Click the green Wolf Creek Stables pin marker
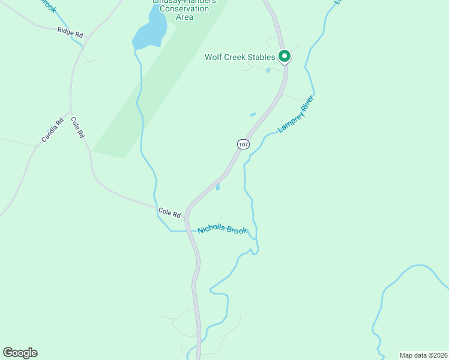pyautogui.click(x=285, y=56)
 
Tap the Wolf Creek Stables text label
pyautogui.click(x=240, y=57)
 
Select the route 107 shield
pyautogui.click(x=243, y=145)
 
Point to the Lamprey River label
pyautogui.click(x=296, y=113)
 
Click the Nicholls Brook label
pyautogui.click(x=223, y=230)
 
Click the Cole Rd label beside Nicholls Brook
pyautogui.click(x=169, y=212)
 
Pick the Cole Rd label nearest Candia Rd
pyautogui.click(x=77, y=128)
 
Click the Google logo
pyautogui.click(x=20, y=353)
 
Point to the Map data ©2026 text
pyautogui.click(x=423, y=355)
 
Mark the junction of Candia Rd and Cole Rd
pyautogui.click(x=71, y=113)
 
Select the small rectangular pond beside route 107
pyautogui.click(x=217, y=187)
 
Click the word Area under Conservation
pyautogui.click(x=184, y=17)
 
